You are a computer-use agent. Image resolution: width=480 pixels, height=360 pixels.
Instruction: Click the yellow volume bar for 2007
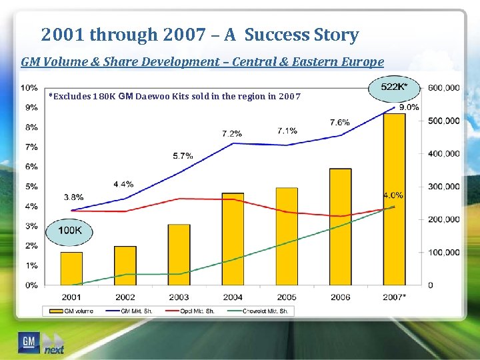pos(394,200)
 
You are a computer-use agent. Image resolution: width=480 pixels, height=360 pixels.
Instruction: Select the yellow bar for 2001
pos(71,269)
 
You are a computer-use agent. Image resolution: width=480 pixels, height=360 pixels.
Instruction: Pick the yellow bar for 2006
pos(340,227)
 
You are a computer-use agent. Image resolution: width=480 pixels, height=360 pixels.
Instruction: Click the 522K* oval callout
pos(394,87)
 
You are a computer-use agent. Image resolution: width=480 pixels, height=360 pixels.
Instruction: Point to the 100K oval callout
pos(69,230)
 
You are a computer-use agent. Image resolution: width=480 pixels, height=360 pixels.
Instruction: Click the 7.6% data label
pos(339,122)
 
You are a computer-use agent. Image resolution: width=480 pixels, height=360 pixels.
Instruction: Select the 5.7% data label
pos(183,155)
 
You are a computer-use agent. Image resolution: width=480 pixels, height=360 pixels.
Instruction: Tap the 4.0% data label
pos(393,195)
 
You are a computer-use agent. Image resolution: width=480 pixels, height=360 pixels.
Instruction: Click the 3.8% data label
pos(73,197)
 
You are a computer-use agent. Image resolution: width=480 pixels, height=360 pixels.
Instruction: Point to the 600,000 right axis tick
pos(443,87)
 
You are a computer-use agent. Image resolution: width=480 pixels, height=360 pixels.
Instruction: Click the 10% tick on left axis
pos(29,87)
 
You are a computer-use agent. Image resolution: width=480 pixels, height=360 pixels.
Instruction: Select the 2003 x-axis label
pos(179,297)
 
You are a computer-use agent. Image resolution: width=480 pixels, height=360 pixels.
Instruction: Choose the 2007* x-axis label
pos(395,297)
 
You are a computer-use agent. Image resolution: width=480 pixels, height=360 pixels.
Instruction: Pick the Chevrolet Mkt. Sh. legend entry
pos(260,311)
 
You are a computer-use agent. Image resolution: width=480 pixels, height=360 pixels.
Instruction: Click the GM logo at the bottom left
pos(28,342)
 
